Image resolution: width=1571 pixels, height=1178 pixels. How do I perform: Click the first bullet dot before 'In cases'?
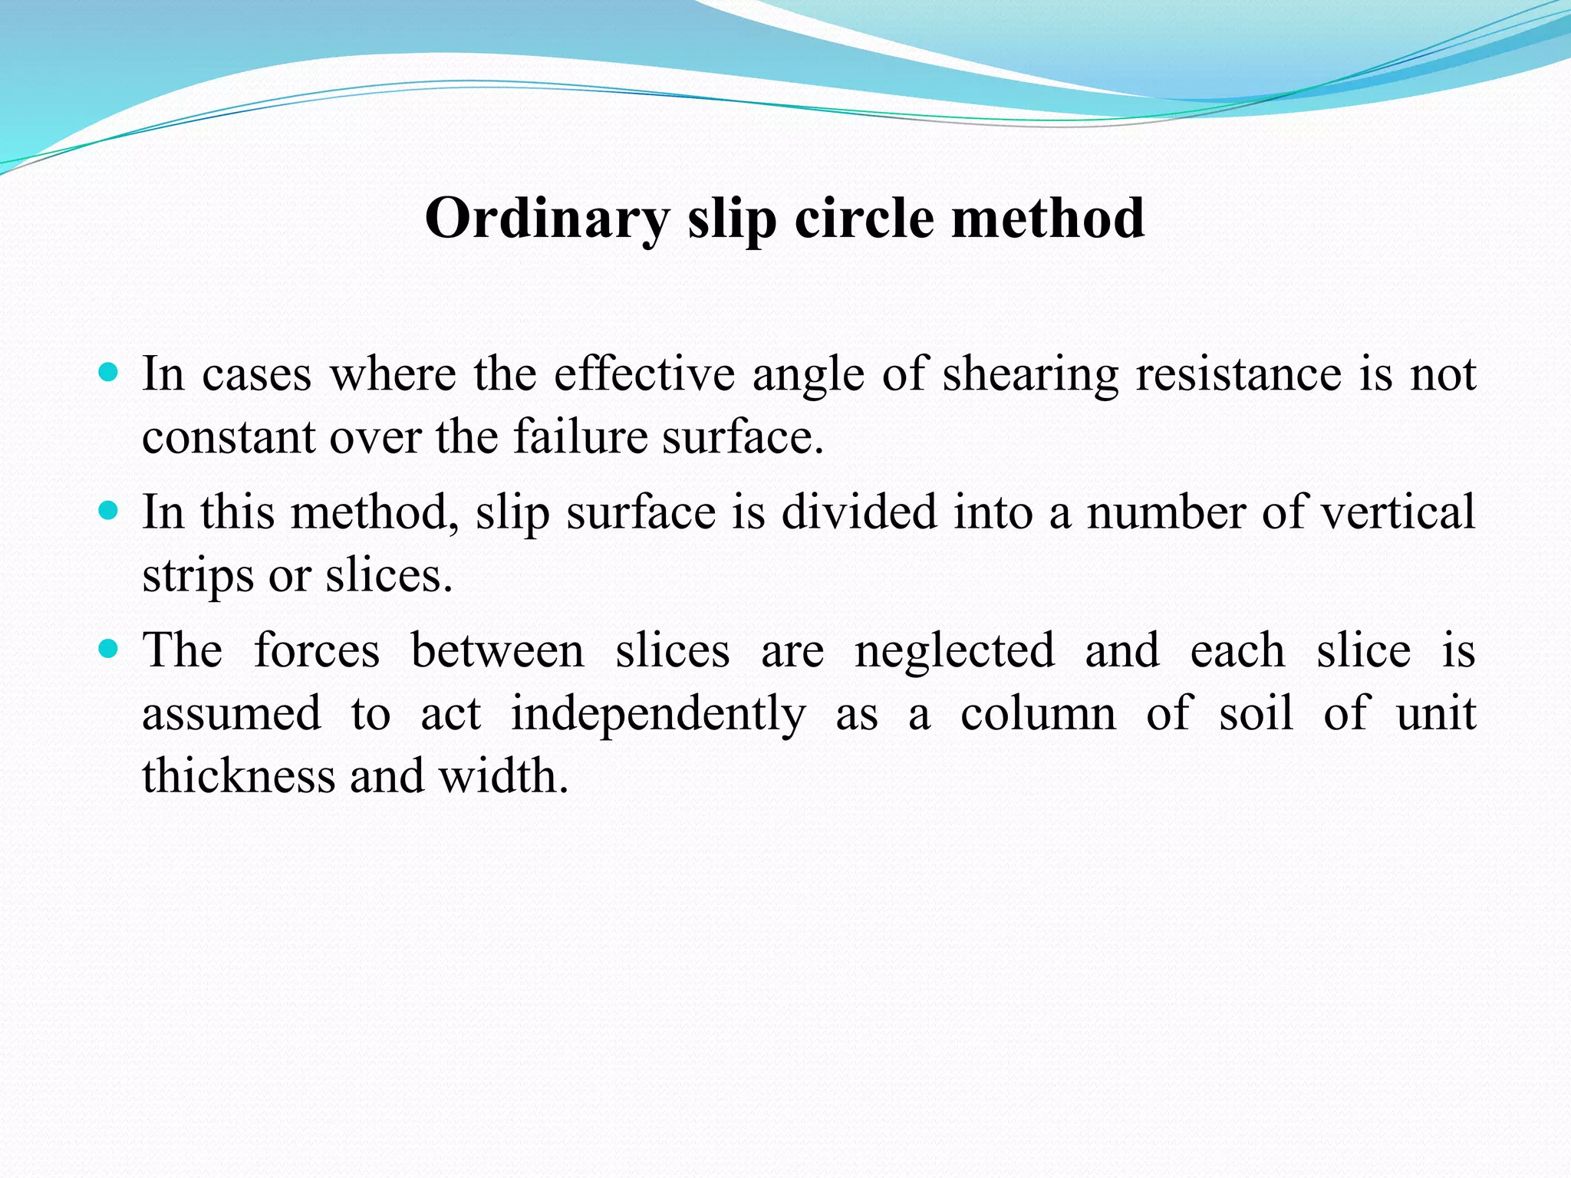(x=109, y=373)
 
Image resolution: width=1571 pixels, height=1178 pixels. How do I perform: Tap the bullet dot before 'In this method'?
(x=109, y=511)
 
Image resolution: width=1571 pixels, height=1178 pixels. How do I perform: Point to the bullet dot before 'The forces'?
(x=109, y=650)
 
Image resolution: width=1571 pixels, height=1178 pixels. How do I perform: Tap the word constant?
(x=229, y=437)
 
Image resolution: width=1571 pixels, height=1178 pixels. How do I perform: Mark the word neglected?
(x=954, y=652)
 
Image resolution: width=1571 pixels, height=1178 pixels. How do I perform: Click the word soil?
(x=1256, y=713)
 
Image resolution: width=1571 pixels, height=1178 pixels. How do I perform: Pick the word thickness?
(x=239, y=775)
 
